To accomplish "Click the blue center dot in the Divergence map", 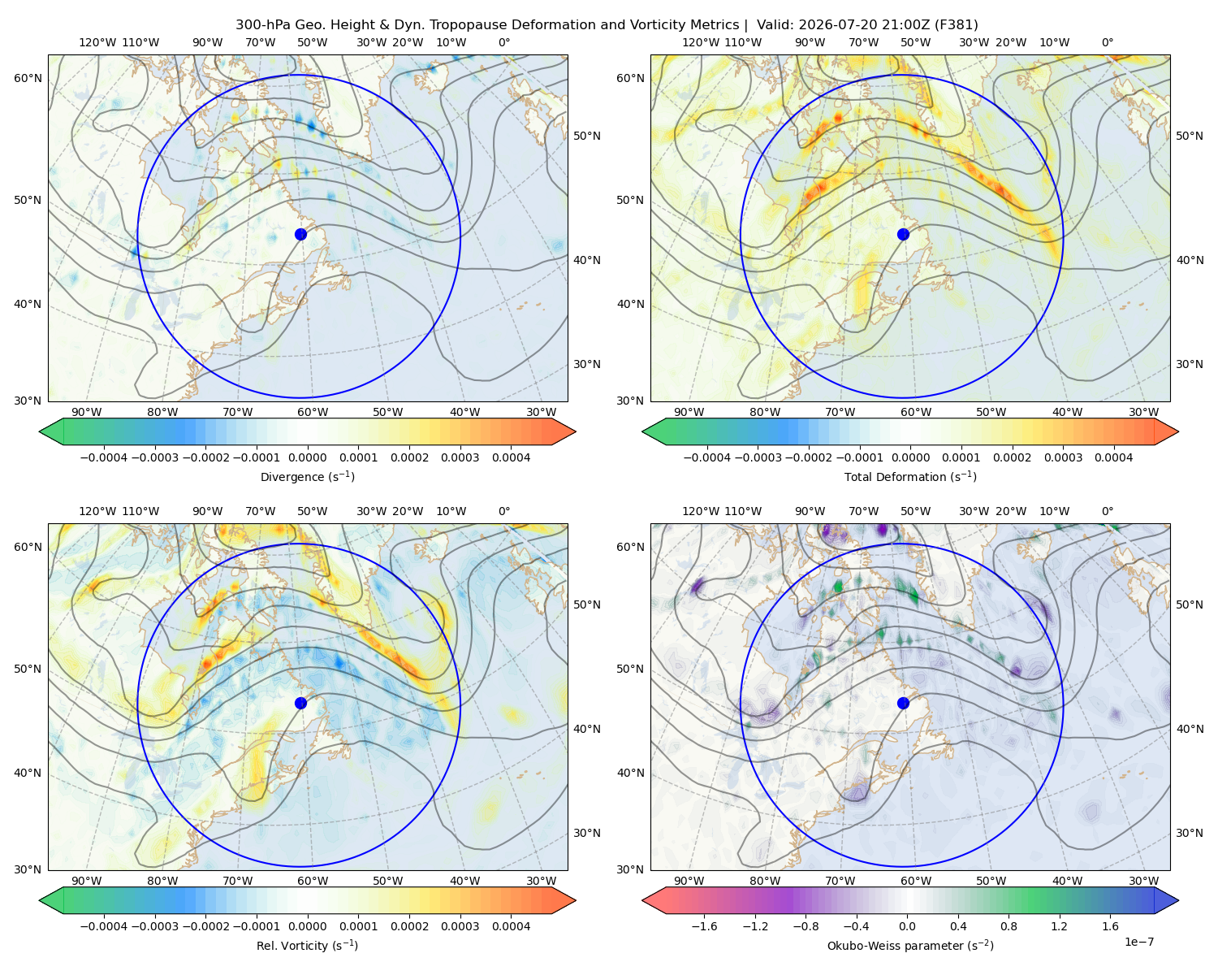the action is pos(300,234).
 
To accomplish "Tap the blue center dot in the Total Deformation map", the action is pos(903,234).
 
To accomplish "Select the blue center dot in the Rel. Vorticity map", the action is pos(300,703).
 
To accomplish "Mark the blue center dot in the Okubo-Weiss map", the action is pos(903,703).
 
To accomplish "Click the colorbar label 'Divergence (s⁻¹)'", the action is pos(307,476).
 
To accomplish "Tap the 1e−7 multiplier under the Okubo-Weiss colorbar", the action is pos(1138,942).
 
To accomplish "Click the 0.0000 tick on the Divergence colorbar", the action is pos(307,457).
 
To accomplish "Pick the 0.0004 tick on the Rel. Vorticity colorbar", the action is pos(511,925).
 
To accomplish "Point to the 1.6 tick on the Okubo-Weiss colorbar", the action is pos(1111,925).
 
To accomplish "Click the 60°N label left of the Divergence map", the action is pos(28,78).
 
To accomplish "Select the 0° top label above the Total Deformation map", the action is pos(1107,42).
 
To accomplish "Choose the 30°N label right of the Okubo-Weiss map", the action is pos(1190,833).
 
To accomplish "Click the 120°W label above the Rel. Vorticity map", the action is pos(97,511).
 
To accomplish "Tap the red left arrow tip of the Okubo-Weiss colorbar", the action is pos(644,900).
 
